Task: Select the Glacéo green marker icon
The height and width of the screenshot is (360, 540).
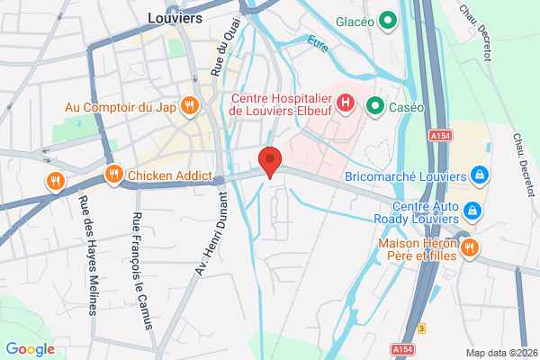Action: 389,19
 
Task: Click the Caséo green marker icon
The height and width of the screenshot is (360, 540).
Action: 375,106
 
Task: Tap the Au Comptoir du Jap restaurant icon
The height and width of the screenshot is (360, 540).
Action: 189,106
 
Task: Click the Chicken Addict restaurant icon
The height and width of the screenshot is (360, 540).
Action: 113,175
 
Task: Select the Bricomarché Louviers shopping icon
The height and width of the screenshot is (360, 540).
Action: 480,174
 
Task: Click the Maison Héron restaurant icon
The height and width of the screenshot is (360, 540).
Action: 468,248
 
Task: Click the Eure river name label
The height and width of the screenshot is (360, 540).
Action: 318,41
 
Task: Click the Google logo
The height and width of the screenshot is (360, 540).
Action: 30,349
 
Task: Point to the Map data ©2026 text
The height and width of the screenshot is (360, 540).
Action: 500,352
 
